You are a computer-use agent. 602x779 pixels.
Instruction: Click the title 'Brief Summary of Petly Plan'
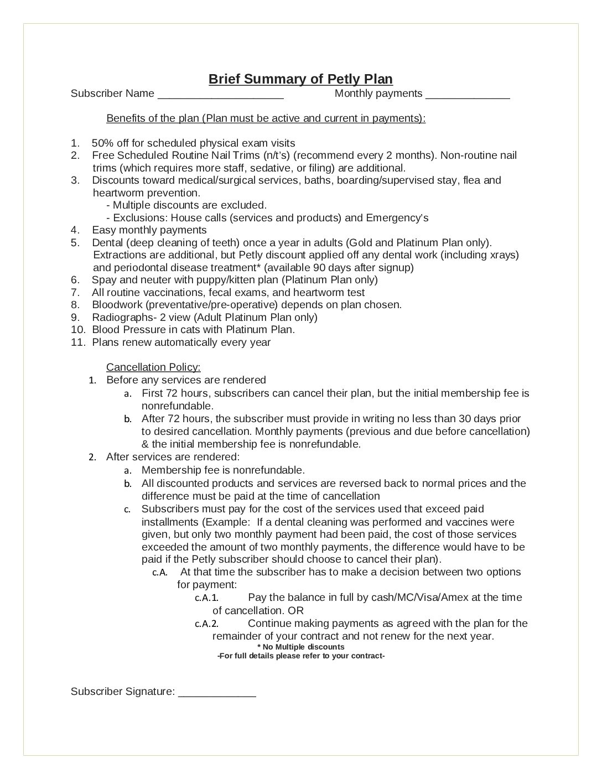coord(300,79)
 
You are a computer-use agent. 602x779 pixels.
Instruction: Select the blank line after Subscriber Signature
coord(217,693)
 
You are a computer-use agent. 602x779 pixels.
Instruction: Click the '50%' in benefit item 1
coord(103,143)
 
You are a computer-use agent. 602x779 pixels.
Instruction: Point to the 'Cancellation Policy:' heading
coord(153,367)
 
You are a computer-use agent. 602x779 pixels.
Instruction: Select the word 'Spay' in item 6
coord(103,279)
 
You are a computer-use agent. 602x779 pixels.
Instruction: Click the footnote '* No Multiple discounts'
coord(300,647)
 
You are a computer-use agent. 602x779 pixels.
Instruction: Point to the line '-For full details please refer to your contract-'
coord(300,656)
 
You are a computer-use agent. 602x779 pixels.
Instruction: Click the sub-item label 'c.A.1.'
coord(207,598)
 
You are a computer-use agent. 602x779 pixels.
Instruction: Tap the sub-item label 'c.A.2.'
coord(207,624)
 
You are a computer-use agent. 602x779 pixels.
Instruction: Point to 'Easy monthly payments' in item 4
coord(149,230)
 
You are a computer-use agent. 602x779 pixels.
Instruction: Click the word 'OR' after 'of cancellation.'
coord(296,610)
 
